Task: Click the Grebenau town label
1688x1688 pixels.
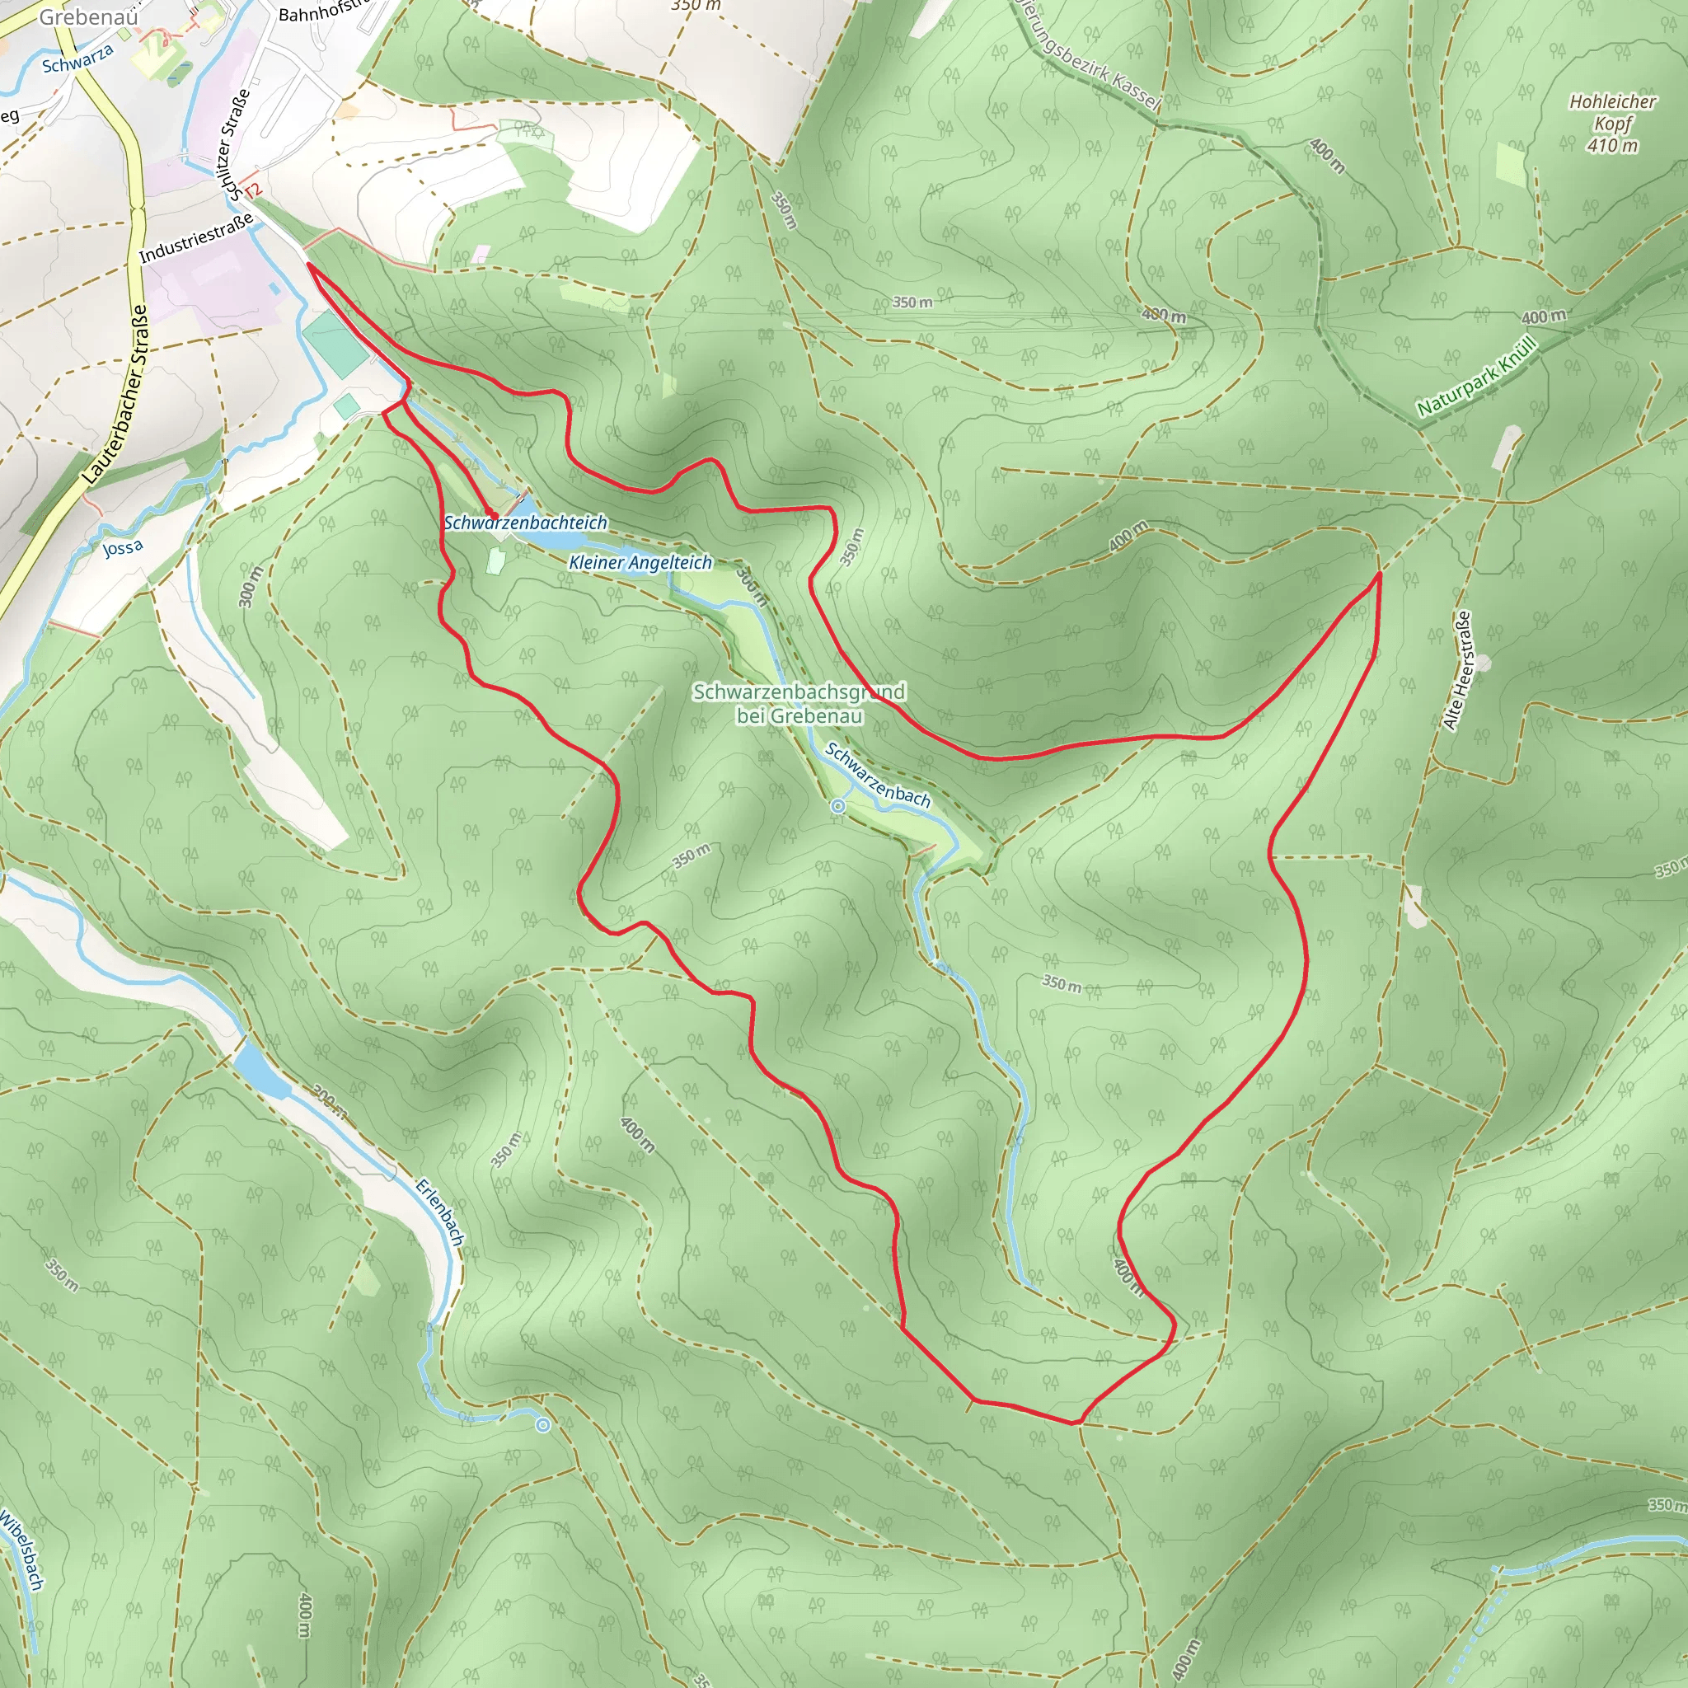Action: pyautogui.click(x=88, y=16)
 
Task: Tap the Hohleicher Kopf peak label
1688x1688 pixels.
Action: pyautogui.click(x=1612, y=112)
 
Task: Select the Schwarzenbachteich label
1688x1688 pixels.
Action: pyautogui.click(x=525, y=523)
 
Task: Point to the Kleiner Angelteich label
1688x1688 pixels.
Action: pyautogui.click(x=640, y=563)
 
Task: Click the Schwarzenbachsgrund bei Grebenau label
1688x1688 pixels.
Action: pyautogui.click(x=799, y=703)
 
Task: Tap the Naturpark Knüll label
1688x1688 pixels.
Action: pyautogui.click(x=1475, y=377)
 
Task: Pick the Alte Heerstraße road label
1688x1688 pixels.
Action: pyautogui.click(x=1456, y=670)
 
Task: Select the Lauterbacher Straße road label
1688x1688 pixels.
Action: pyautogui.click(x=115, y=394)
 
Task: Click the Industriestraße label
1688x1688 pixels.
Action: pyautogui.click(x=197, y=237)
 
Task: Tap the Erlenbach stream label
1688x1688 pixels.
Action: pyautogui.click(x=439, y=1212)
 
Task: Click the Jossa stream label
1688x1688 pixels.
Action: pyautogui.click(x=122, y=548)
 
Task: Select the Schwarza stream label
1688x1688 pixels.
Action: pyautogui.click(x=77, y=59)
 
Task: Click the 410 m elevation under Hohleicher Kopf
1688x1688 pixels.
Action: pyautogui.click(x=1612, y=146)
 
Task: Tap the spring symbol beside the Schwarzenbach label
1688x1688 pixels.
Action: pyautogui.click(x=838, y=806)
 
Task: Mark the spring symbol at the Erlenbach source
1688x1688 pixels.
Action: pyautogui.click(x=542, y=1425)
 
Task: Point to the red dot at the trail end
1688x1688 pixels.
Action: pyautogui.click(x=491, y=514)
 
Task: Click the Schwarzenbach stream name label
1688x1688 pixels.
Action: pyautogui.click(x=877, y=775)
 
